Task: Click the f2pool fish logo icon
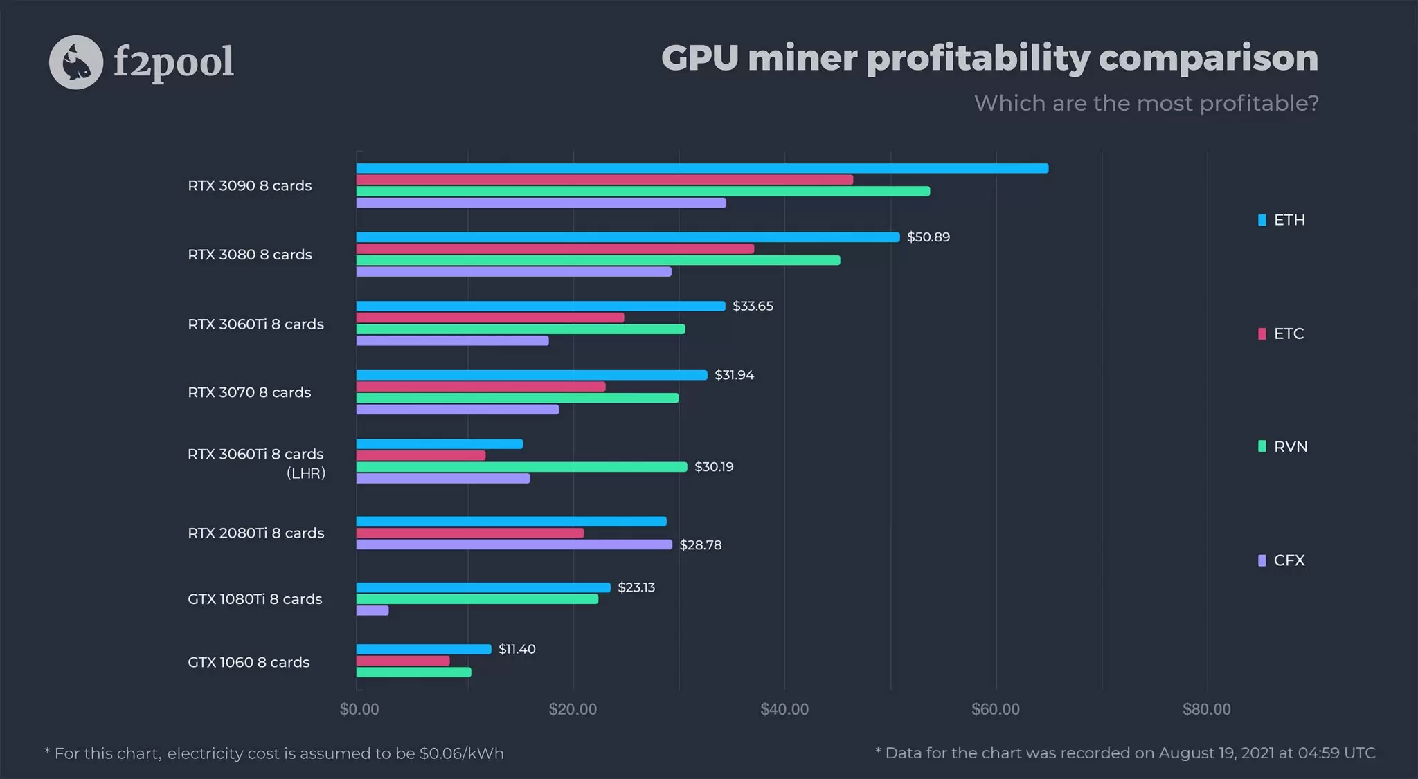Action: (76, 62)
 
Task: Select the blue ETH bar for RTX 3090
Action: (701, 168)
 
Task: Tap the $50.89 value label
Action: (928, 237)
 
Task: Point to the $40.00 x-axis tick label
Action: (784, 709)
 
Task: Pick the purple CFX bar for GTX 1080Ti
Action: (373, 610)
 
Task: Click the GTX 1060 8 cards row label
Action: (249, 662)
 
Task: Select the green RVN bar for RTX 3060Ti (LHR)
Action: (521, 467)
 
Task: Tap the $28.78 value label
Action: (700, 545)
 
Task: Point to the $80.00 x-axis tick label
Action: (1206, 709)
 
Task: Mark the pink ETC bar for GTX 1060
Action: (403, 661)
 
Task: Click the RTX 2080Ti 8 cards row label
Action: (255, 533)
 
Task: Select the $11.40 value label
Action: (517, 649)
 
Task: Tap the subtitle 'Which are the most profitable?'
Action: (1146, 104)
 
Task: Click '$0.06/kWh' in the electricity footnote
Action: (461, 753)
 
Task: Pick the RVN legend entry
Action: (1282, 446)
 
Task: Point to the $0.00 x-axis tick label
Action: (359, 709)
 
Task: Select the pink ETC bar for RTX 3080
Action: (555, 248)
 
